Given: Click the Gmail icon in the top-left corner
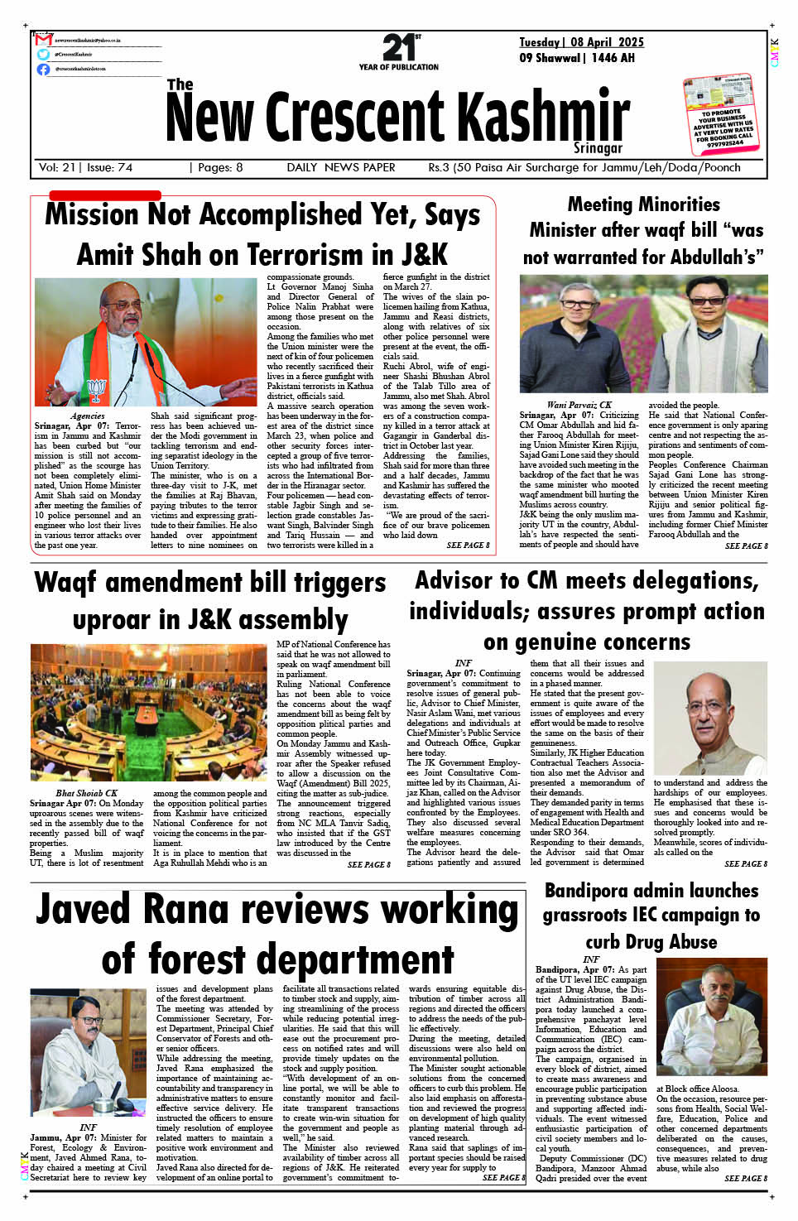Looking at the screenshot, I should coord(43,40).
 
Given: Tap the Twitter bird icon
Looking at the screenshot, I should coord(43,54).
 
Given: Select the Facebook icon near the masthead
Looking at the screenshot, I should coord(43,69).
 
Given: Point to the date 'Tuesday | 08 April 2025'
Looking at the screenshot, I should coord(581,42).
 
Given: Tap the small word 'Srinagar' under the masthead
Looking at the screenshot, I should coord(598,148).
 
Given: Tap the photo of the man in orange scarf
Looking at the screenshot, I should coord(146,342).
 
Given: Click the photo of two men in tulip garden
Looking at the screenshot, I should coord(643,334).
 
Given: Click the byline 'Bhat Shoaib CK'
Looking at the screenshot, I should coord(87,793).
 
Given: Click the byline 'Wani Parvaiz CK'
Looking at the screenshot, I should coord(579,405).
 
